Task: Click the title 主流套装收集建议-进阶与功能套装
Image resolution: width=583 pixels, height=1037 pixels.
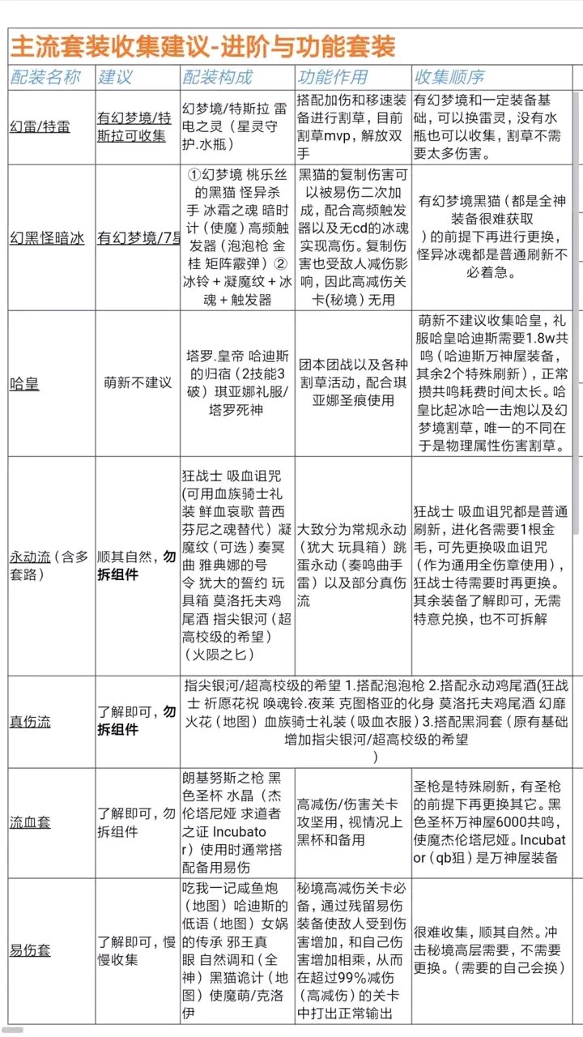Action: [202, 46]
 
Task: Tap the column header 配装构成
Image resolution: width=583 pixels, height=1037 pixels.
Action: [217, 78]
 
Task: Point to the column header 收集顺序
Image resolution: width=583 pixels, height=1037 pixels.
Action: [449, 78]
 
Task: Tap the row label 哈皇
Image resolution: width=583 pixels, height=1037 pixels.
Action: [24, 383]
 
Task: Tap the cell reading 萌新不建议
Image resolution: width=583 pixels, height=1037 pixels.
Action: [138, 383]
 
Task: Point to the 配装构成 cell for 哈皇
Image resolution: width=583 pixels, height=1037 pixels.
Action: [236, 383]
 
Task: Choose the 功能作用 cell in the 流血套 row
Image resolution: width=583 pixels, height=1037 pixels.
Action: [352, 822]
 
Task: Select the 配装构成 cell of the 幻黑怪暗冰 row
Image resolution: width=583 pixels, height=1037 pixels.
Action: [236, 237]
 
